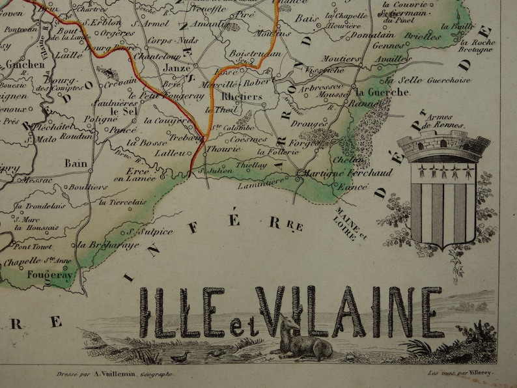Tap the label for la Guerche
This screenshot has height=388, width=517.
tap(384, 92)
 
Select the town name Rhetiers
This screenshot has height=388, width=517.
tap(242, 97)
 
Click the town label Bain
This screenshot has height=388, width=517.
tap(74, 164)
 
